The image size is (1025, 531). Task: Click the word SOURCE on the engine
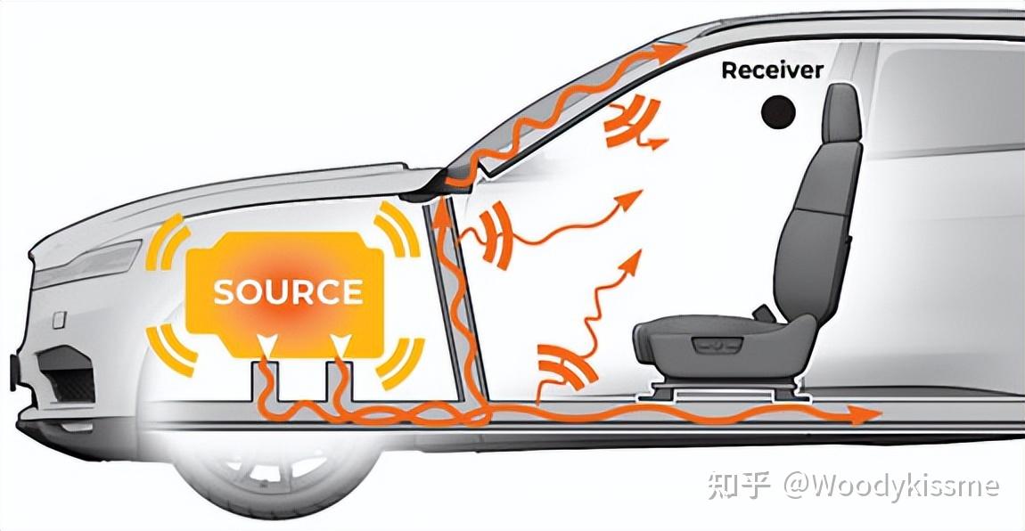click(x=288, y=292)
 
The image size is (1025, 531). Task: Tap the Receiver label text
click(x=772, y=70)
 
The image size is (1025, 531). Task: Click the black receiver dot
click(x=779, y=111)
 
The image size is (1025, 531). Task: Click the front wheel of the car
click(x=267, y=481)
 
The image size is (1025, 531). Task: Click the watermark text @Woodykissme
click(x=891, y=486)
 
